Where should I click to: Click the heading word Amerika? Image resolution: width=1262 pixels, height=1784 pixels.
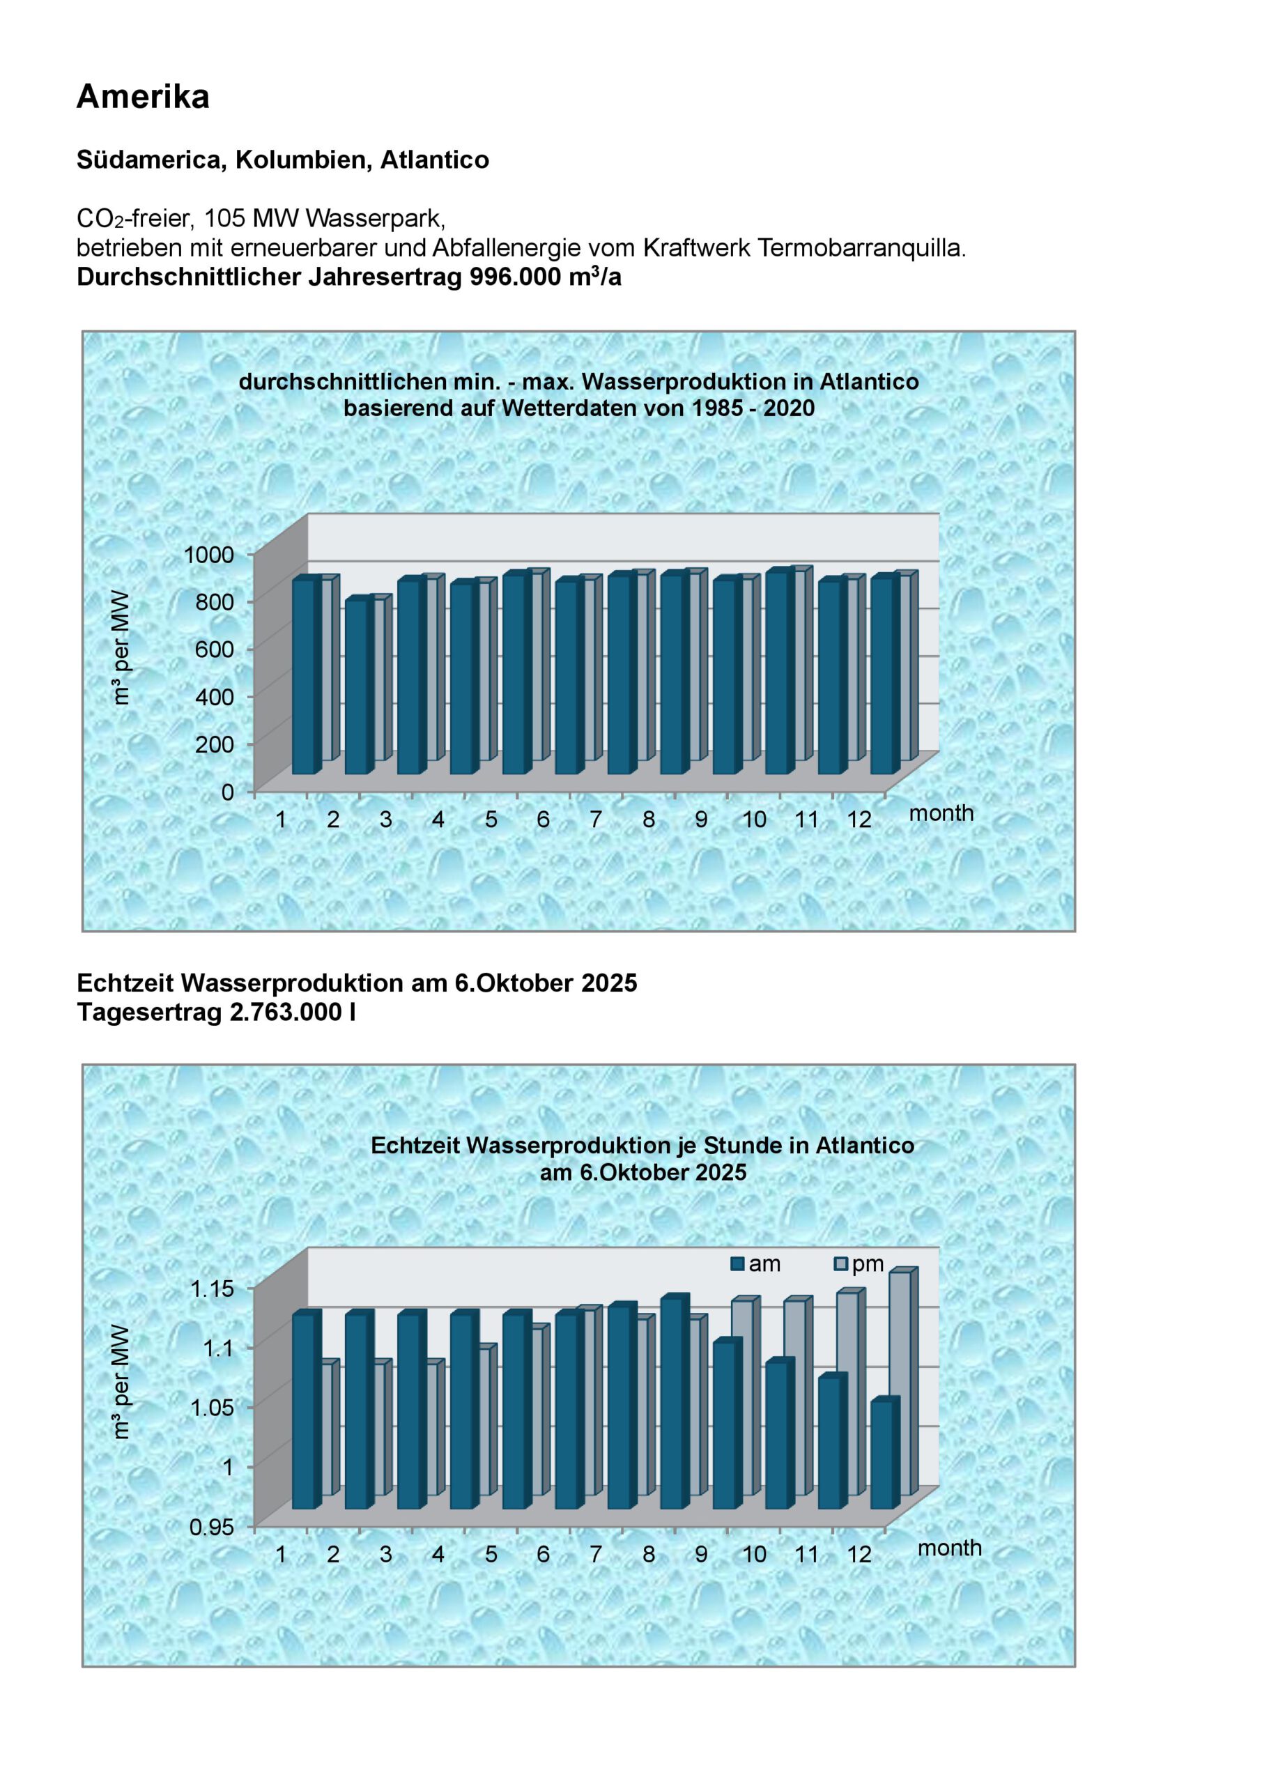click(x=143, y=97)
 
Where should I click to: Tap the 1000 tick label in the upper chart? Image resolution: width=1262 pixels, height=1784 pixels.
click(x=208, y=554)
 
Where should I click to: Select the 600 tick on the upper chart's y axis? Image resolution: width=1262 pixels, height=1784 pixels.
click(x=215, y=649)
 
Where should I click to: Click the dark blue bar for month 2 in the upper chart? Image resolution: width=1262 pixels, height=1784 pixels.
click(x=358, y=688)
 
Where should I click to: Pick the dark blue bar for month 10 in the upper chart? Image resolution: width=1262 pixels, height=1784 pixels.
click(x=727, y=677)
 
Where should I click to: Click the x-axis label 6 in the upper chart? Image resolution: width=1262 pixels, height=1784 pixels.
click(x=542, y=820)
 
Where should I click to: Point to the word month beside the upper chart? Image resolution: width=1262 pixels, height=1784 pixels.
click(x=941, y=813)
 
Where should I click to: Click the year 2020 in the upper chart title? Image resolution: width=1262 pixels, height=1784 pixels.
click(x=789, y=408)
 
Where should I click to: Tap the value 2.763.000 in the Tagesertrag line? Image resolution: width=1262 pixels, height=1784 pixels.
click(x=286, y=1013)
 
